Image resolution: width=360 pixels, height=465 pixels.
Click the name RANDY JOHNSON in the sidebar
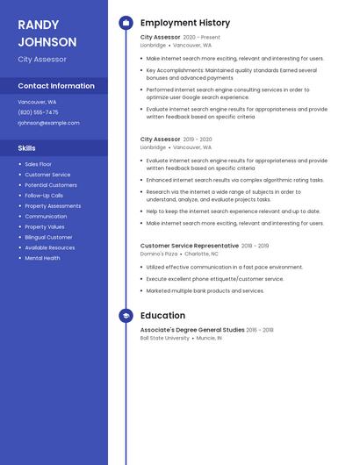pos(47,33)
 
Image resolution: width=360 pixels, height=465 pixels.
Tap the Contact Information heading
pos(56,86)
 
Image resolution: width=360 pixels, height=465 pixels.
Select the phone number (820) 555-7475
pos(38,112)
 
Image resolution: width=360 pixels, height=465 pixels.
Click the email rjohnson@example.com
pos(48,123)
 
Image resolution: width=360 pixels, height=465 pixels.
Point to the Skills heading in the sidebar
pos(26,148)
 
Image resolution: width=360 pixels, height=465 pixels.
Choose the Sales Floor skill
pos(38,164)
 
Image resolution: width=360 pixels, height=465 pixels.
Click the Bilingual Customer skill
pos(48,237)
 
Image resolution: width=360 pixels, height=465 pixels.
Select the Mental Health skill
pos(42,258)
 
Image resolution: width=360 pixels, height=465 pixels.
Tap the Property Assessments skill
pos(53,206)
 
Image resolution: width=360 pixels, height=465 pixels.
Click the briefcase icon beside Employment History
pos(126,23)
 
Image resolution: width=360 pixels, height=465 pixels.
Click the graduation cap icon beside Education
pos(126,316)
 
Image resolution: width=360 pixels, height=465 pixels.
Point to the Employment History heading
pos(184,23)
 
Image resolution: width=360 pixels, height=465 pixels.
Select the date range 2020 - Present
pos(201,38)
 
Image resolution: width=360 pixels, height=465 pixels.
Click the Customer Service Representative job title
pos(189,246)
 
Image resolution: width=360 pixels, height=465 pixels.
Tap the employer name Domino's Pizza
pos(158,254)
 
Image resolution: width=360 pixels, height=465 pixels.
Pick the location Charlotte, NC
pos(201,254)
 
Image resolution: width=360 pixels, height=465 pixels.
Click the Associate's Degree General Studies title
pos(191,330)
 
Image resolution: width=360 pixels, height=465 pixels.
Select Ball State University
pos(164,338)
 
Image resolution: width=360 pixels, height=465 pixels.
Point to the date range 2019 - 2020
pos(198,139)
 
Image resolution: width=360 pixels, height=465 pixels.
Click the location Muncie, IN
pos(208,338)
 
